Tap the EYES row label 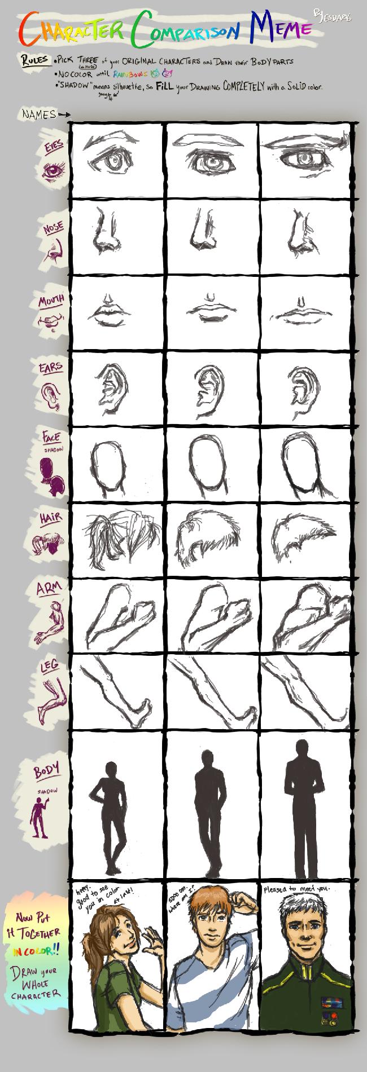tap(54, 147)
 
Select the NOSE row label tap(53, 228)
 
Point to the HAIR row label tap(50, 517)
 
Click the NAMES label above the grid tap(39, 114)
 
